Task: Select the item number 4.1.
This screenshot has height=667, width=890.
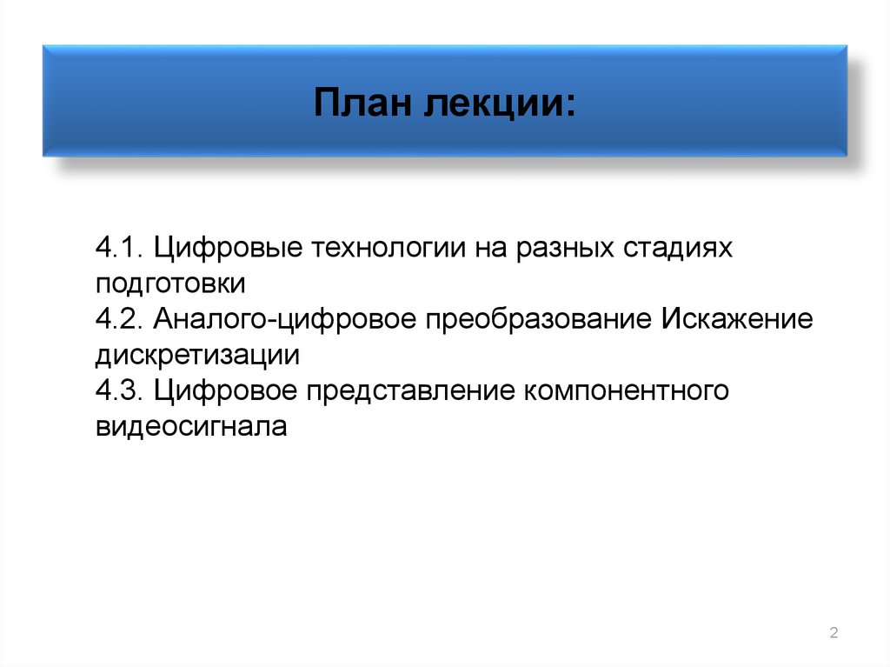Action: coord(120,247)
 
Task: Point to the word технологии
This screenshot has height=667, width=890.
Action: coord(386,249)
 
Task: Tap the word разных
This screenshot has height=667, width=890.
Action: coord(566,249)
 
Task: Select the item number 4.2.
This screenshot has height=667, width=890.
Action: coord(120,318)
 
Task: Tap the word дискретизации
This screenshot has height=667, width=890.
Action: coord(197,355)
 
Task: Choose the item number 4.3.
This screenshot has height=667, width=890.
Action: coord(120,390)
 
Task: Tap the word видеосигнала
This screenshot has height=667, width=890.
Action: coord(191,426)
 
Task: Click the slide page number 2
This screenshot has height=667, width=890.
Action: coord(834,632)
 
